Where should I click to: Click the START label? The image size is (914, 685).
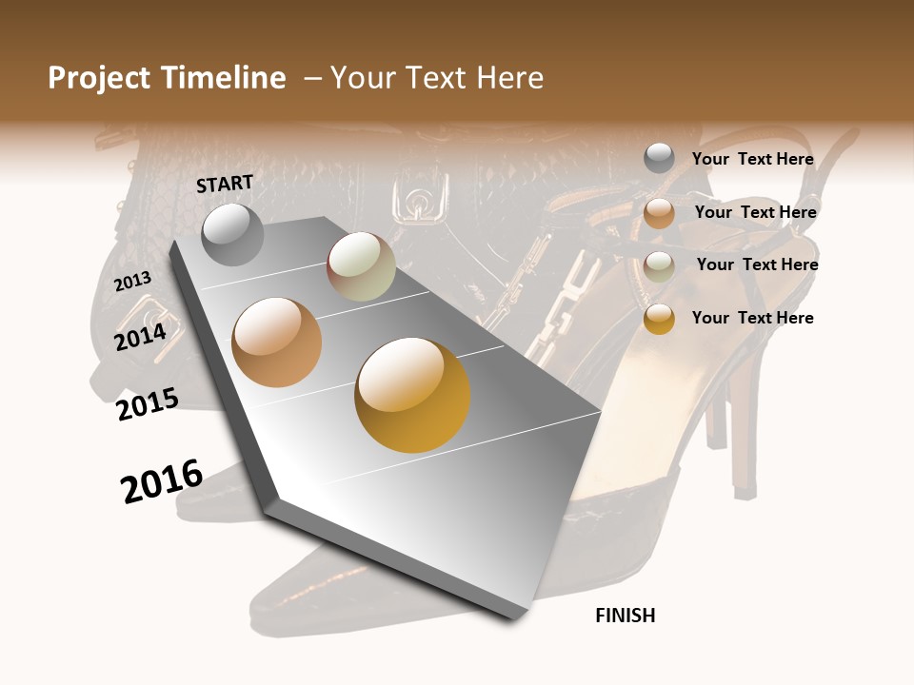click(225, 184)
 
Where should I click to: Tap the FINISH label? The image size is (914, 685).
click(626, 616)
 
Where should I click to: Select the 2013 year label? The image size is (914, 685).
click(133, 281)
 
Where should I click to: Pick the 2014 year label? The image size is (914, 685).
click(141, 337)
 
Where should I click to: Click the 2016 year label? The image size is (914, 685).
click(162, 480)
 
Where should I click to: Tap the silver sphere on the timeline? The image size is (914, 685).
click(233, 235)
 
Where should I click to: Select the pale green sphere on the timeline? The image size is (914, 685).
click(361, 267)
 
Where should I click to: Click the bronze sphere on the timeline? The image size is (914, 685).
click(277, 342)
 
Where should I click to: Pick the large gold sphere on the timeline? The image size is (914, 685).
click(412, 395)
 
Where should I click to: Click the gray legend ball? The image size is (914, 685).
click(659, 159)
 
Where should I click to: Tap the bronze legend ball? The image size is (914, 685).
click(659, 213)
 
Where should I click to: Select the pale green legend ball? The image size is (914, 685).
click(659, 266)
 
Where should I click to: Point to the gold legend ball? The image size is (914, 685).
click(659, 319)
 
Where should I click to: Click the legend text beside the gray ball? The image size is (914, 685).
click(752, 159)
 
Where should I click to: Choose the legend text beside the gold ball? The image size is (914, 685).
click(752, 318)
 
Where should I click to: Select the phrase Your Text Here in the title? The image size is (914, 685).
click(437, 78)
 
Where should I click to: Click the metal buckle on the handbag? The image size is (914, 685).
click(415, 205)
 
